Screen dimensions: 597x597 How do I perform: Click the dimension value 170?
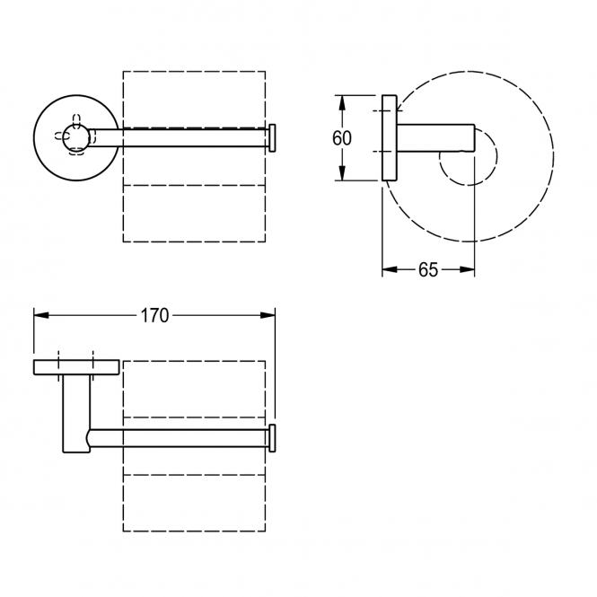tap(154, 315)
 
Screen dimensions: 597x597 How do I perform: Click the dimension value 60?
tap(341, 138)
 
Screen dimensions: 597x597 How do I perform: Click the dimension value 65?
tap(428, 269)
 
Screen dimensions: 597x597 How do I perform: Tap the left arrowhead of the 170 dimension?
tap(41, 315)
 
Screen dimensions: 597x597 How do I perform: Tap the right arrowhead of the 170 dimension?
tap(268, 315)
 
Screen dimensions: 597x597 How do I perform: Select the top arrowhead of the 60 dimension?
tap(342, 103)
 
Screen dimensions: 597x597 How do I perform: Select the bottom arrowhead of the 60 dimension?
tap(342, 173)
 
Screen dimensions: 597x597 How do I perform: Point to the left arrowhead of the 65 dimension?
tap(390, 269)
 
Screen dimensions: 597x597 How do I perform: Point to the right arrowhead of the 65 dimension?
tap(467, 269)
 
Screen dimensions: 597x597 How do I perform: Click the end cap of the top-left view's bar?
tap(272, 138)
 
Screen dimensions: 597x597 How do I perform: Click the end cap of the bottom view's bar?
tap(272, 438)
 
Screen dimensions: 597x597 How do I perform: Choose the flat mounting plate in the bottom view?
tap(76, 367)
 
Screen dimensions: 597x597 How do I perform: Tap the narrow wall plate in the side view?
tap(390, 138)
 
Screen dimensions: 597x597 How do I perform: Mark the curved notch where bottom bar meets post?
tap(89, 438)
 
